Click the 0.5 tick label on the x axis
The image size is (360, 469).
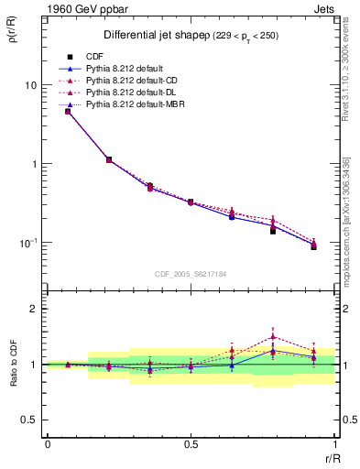pyautogui.click(x=191, y=444)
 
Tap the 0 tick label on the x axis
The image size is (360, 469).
pyautogui.click(x=47, y=444)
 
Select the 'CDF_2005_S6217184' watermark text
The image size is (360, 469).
pyautogui.click(x=191, y=274)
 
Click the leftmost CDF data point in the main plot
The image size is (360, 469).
pyautogui.click(x=68, y=111)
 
